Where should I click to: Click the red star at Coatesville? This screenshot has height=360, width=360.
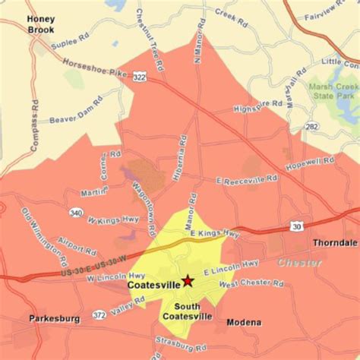click(188, 280)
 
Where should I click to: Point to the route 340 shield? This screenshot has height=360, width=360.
click(75, 213)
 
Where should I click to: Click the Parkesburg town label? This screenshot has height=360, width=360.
click(55, 319)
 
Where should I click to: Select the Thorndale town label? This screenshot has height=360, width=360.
click(334, 243)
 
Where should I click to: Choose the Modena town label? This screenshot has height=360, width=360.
click(244, 322)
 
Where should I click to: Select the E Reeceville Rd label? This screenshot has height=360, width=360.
click(244, 178)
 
